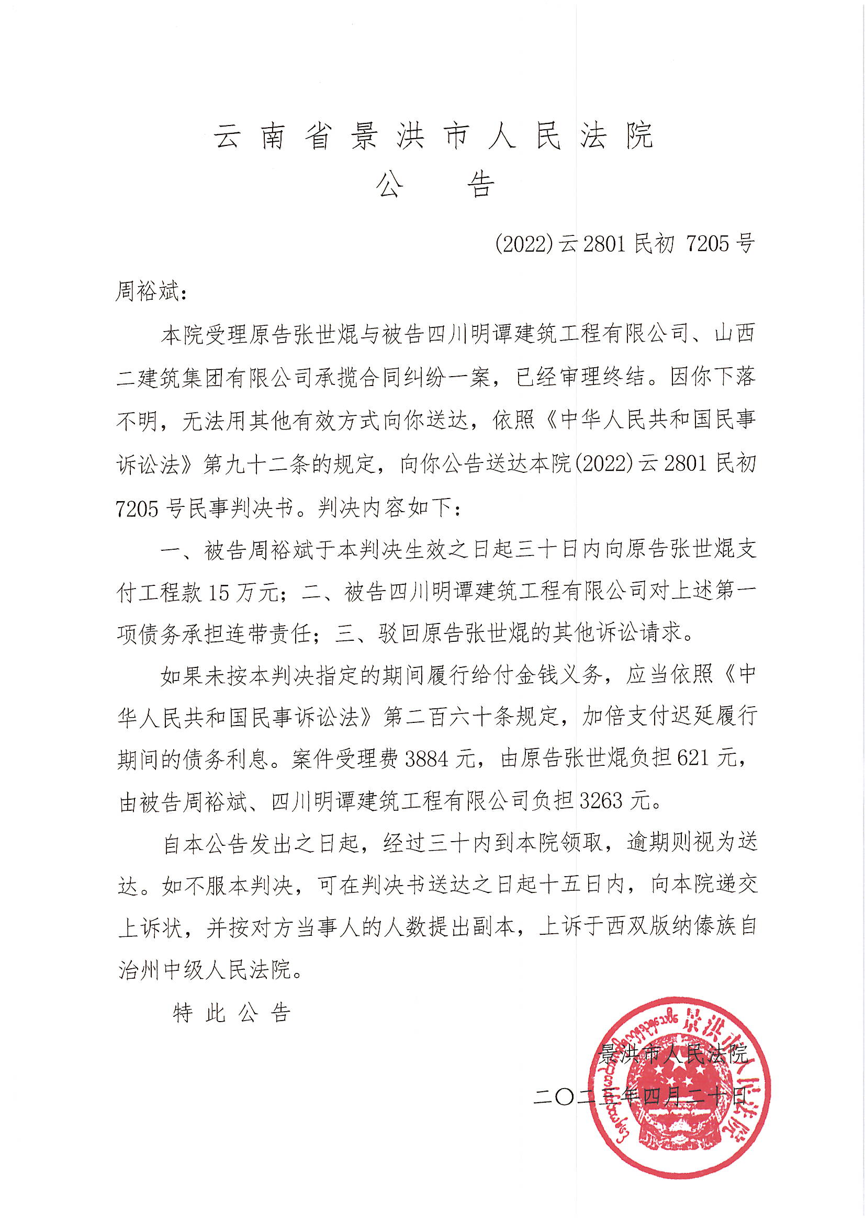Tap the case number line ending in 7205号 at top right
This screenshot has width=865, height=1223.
point(625,244)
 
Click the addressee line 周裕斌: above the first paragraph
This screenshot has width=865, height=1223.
point(151,292)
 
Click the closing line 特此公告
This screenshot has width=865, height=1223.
point(231,1013)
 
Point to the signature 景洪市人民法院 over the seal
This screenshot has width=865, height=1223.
point(672,1054)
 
